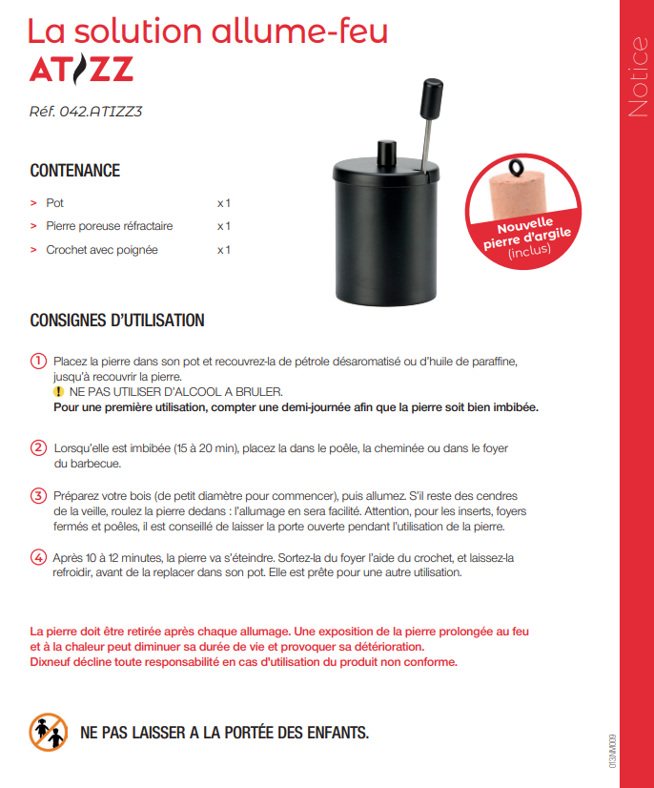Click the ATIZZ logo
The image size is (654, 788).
point(81,70)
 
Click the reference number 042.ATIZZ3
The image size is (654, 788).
point(86,111)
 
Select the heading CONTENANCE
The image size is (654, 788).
point(75,171)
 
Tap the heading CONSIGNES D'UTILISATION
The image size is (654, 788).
point(117,321)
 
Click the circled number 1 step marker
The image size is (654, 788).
point(38,362)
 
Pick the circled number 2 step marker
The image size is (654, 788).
point(38,448)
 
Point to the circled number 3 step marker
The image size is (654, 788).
point(38,496)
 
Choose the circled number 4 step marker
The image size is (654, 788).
point(38,557)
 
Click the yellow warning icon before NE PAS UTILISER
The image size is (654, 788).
point(59,392)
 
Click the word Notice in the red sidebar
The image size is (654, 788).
point(637,77)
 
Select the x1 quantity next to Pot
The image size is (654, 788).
point(224,203)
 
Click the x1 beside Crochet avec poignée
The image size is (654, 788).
point(224,250)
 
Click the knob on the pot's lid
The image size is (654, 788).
point(386,152)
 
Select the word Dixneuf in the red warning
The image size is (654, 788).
point(51,662)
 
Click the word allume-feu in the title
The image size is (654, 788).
point(311,31)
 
